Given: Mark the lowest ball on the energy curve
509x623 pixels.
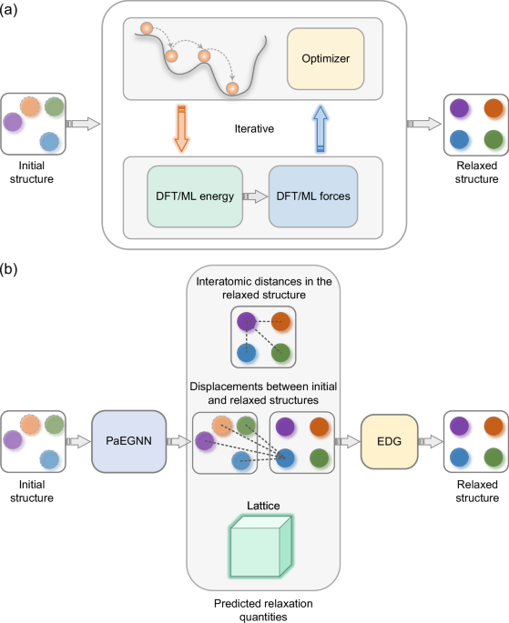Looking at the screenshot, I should tap(231, 87).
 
